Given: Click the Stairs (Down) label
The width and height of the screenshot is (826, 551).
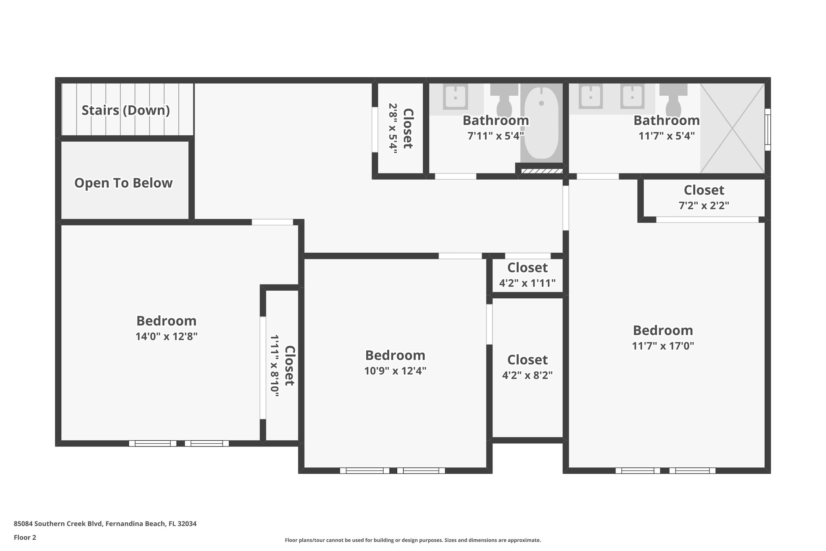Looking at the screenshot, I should (125, 110).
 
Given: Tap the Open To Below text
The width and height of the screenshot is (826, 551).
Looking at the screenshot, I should (123, 183).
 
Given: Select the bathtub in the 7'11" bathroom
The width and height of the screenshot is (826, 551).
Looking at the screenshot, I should (541, 123).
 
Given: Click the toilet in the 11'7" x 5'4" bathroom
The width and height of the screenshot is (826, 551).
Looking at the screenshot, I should (673, 101).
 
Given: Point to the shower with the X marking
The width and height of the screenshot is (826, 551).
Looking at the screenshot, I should (732, 128).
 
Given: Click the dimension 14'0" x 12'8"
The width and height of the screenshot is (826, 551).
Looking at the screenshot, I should (166, 336).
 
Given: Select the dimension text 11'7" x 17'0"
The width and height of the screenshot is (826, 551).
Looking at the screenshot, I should (663, 346).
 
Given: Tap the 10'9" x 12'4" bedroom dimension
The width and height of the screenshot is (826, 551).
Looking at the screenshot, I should (395, 371).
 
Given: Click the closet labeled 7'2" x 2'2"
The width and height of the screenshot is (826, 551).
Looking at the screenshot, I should (704, 197).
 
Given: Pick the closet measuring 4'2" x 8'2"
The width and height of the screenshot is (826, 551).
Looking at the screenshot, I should (527, 367).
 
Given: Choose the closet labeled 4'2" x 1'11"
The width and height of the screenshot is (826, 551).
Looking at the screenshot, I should (527, 275).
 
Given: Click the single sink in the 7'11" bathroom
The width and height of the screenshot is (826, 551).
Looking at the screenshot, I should (455, 97).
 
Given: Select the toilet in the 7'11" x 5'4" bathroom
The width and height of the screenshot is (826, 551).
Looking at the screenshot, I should (504, 101).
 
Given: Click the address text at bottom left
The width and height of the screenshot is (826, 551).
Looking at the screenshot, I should (105, 524).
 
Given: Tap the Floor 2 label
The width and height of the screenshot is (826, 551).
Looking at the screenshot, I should (25, 537).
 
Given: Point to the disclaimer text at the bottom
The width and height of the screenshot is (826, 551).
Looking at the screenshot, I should (413, 540).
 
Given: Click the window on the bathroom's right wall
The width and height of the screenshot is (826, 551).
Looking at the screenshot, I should (768, 129).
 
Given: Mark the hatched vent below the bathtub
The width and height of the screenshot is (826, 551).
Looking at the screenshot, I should (541, 171).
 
